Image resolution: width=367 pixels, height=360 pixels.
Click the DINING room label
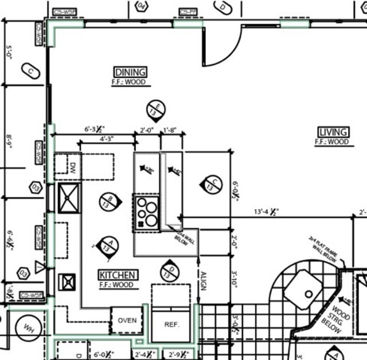(x=131, y=72)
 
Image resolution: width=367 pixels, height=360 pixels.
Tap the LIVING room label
(x=332, y=132)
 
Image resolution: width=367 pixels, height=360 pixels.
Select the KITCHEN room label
(x=117, y=275)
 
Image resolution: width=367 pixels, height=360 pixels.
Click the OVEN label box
(x=126, y=320)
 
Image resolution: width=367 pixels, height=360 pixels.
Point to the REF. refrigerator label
(x=172, y=324)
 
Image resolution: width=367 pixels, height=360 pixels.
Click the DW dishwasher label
(x=73, y=167)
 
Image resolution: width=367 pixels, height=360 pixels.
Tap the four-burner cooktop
(x=146, y=212)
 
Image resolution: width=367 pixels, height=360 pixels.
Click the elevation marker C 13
(x=212, y=183)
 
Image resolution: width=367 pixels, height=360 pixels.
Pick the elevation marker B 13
(x=108, y=199)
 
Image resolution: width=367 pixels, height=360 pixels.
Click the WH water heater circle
(x=27, y=328)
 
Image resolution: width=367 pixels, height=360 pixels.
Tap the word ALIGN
(x=203, y=280)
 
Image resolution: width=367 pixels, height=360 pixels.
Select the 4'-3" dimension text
(x=107, y=139)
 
